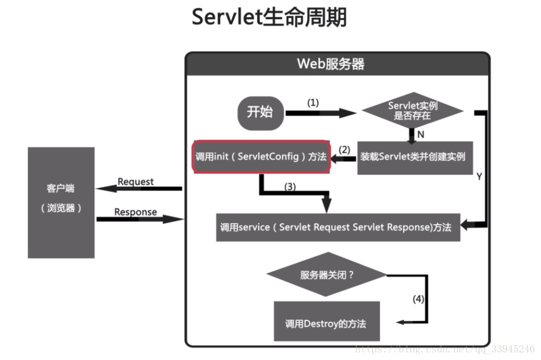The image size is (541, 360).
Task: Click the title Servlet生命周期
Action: [x=269, y=18]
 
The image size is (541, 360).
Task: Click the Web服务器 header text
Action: [x=330, y=64]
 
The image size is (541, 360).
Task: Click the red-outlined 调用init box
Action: [x=261, y=157]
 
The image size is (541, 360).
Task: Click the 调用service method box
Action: [x=338, y=227]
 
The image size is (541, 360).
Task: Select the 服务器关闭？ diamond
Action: [x=327, y=274]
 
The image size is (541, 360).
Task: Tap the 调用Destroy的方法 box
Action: [x=326, y=323]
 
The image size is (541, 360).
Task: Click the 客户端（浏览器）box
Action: [x=61, y=202]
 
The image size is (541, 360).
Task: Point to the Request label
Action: [x=136, y=182]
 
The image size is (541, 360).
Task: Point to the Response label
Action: [x=135, y=212]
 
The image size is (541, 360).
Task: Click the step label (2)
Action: [x=344, y=149]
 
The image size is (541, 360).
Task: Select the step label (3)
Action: [x=290, y=187]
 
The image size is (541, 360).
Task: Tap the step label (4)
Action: [x=418, y=299]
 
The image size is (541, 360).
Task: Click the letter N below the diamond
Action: [x=420, y=134]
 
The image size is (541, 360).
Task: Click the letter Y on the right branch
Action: [x=479, y=177]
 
